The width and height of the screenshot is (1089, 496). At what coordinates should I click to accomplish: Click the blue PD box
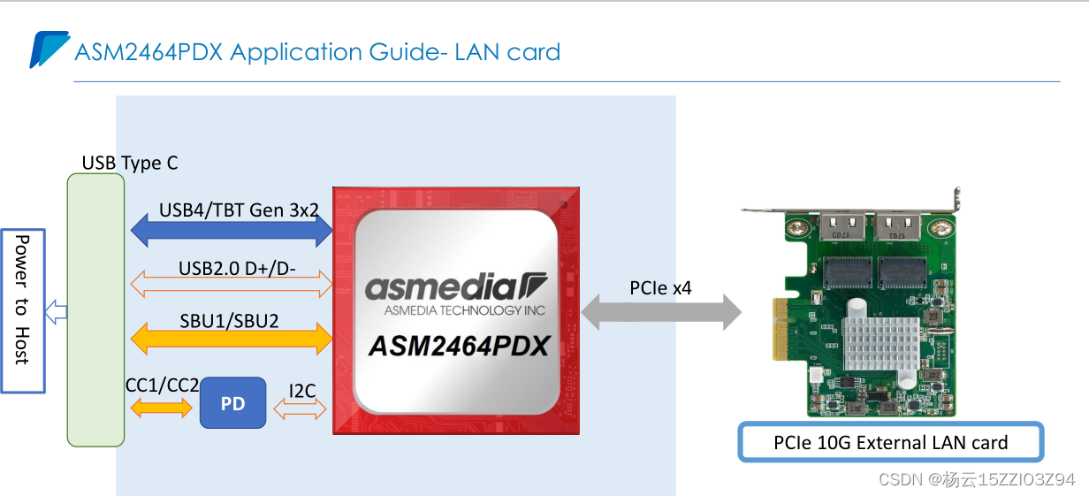click(232, 403)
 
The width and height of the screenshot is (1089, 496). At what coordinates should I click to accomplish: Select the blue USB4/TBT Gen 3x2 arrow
click(232, 231)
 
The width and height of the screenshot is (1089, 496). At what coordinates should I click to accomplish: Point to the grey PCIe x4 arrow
click(661, 311)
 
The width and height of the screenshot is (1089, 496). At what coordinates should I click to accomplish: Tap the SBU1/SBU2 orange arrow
click(232, 337)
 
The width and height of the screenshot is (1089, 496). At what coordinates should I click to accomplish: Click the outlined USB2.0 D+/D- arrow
click(232, 283)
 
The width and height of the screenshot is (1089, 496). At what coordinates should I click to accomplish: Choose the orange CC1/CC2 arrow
click(161, 408)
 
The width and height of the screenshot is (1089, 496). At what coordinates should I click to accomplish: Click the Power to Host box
click(22, 310)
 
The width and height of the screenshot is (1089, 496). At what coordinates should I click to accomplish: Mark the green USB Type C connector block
click(95, 309)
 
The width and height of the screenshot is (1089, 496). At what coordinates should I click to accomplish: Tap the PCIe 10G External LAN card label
click(891, 442)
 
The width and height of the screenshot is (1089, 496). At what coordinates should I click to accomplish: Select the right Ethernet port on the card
click(900, 227)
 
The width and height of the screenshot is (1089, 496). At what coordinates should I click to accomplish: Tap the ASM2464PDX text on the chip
click(458, 346)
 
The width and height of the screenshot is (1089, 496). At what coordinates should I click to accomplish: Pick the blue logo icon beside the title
click(49, 50)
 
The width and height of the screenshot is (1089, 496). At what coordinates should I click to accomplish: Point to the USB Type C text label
click(129, 163)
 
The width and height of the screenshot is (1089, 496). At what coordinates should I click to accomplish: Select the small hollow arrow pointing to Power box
click(57, 310)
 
